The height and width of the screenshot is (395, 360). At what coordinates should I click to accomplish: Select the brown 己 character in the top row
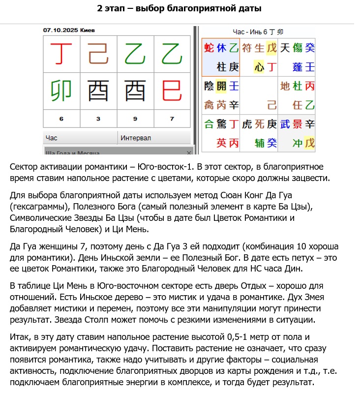[x=98, y=54]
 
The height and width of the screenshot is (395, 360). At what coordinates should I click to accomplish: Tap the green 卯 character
[x=61, y=91]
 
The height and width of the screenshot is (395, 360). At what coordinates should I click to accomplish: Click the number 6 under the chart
[x=61, y=119]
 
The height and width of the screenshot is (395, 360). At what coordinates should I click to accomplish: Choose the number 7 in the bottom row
[x=172, y=119]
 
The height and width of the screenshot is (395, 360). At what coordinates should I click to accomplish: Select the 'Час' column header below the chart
[x=51, y=138]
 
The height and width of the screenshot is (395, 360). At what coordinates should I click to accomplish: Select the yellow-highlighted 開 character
[x=221, y=86]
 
